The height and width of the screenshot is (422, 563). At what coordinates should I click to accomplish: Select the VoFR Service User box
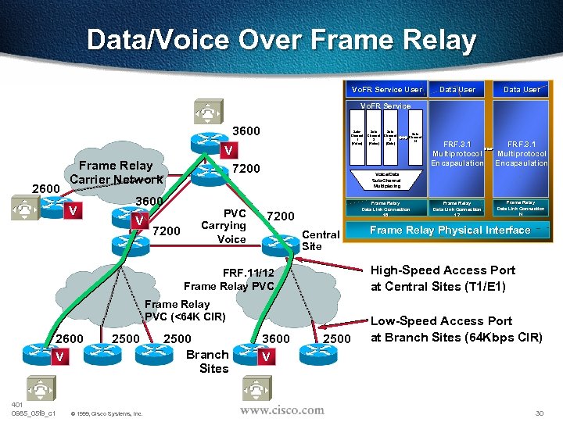tap(386, 89)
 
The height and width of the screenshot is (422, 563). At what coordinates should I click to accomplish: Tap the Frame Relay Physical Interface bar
tap(450, 230)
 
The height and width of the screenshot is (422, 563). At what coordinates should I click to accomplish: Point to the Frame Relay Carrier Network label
tap(116, 172)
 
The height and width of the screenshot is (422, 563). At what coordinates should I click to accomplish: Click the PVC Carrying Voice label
tap(232, 226)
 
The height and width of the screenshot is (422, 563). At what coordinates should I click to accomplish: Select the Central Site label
tap(320, 240)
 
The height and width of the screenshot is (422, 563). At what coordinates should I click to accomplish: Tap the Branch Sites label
tap(207, 361)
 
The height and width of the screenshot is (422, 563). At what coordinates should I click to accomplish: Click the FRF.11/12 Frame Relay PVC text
tap(229, 279)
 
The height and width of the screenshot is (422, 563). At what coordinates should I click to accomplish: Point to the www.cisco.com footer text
tap(281, 409)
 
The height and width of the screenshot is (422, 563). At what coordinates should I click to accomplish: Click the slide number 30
tap(538, 413)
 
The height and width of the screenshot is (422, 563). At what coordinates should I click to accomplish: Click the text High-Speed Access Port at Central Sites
tap(443, 278)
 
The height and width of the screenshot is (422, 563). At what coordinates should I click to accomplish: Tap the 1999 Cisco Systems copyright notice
tap(106, 413)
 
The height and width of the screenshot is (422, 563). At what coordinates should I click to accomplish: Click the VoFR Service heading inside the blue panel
tap(385, 105)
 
